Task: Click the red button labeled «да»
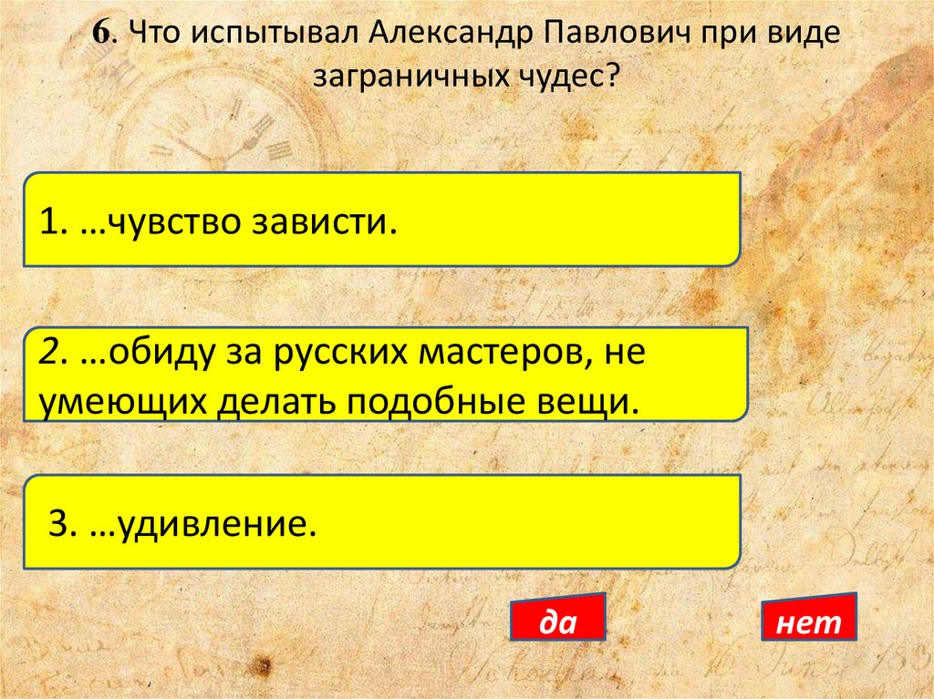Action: point(557,621)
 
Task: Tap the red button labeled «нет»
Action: point(808,622)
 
